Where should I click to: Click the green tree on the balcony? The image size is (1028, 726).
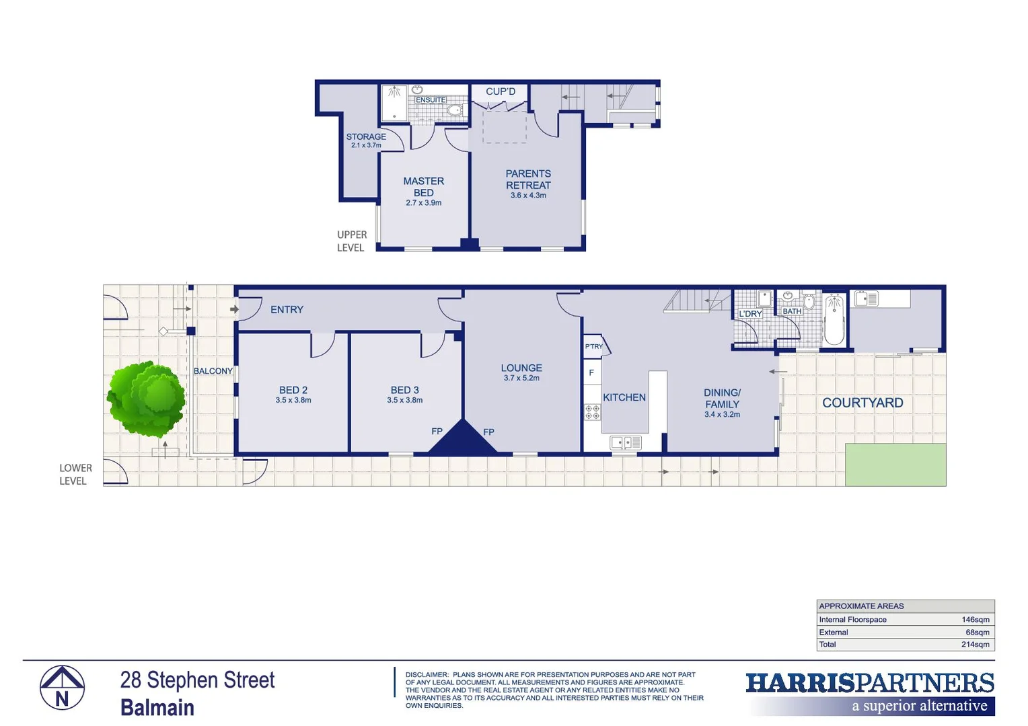(146, 398)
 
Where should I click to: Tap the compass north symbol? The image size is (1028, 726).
(62, 688)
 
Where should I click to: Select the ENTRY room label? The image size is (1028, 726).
(287, 310)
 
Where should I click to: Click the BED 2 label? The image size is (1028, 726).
(293, 390)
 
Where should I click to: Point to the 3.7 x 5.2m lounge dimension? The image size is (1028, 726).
(521, 378)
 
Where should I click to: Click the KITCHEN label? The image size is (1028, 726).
(624, 397)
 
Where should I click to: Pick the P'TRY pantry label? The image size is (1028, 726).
(593, 347)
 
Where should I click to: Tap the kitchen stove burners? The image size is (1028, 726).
(592, 411)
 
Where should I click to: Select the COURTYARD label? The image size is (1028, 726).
(862, 403)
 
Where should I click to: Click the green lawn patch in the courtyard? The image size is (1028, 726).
(895, 465)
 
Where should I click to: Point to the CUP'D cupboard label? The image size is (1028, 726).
(501, 91)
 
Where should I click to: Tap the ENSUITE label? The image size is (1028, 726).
(431, 100)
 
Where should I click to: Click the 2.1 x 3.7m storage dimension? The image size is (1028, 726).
(366, 145)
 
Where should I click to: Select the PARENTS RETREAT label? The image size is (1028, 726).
(528, 179)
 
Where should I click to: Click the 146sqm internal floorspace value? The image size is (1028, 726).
(975, 620)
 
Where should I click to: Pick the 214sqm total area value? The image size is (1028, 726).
(975, 645)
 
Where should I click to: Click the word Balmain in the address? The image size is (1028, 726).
(157, 708)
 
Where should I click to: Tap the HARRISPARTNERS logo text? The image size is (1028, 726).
(870, 683)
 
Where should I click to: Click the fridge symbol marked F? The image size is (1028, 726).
(591, 372)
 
